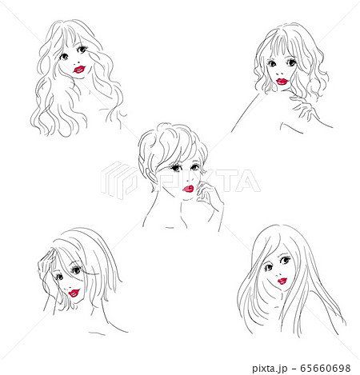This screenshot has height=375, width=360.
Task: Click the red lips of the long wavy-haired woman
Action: click(x=79, y=69)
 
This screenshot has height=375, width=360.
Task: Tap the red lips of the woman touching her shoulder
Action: click(x=282, y=80)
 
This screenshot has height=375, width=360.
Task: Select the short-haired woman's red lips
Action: click(x=187, y=189)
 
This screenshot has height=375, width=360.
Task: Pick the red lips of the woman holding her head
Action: click(x=74, y=293)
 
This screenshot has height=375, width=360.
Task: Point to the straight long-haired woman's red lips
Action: click(x=281, y=281)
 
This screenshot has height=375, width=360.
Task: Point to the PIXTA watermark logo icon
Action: click(x=119, y=180)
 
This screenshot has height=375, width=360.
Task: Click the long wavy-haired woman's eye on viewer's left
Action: click(x=65, y=56)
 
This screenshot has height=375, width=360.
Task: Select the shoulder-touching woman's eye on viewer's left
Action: click(x=274, y=64)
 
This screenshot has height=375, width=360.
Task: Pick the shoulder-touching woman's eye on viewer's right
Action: click(x=292, y=62)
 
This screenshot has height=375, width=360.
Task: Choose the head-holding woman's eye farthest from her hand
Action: click(x=76, y=272)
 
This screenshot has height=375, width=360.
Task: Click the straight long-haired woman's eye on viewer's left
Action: click(x=266, y=265)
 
